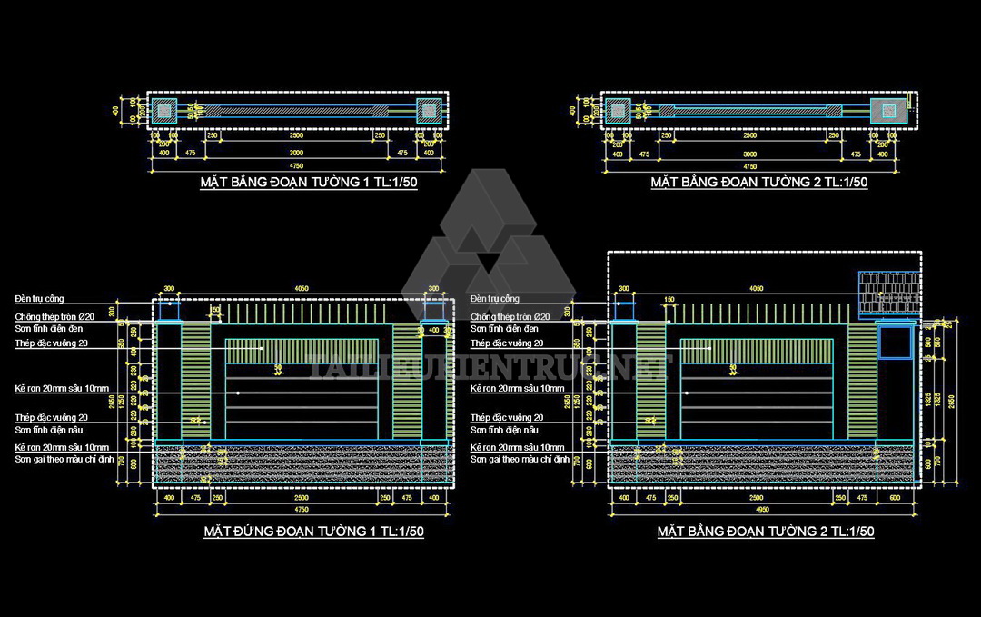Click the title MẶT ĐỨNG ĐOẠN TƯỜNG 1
(x=313, y=532)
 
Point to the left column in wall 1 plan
(x=164, y=111)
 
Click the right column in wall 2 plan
(x=887, y=111)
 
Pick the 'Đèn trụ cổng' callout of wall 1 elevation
(x=38, y=298)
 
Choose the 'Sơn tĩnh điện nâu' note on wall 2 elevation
(x=504, y=429)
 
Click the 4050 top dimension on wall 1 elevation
(x=302, y=289)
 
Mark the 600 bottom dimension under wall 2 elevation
(x=895, y=498)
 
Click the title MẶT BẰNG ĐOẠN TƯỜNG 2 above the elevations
(x=758, y=183)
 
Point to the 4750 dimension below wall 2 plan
(x=750, y=167)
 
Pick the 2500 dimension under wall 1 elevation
(x=302, y=498)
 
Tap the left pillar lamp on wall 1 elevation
(x=169, y=310)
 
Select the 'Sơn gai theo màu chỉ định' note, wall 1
(x=62, y=459)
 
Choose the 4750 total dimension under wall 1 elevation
(x=302, y=512)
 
